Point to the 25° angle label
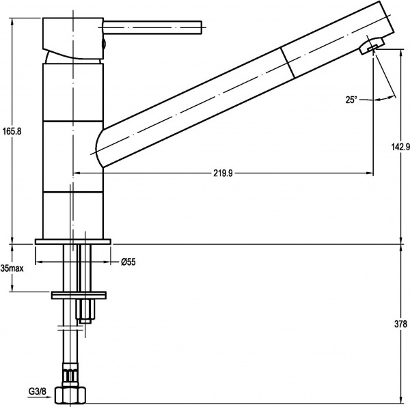(x=351, y=99)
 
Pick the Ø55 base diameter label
(x=128, y=262)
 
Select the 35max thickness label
(x=12, y=268)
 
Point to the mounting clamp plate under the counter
(x=80, y=295)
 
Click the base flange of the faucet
(x=73, y=241)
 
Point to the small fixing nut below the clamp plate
(x=86, y=311)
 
